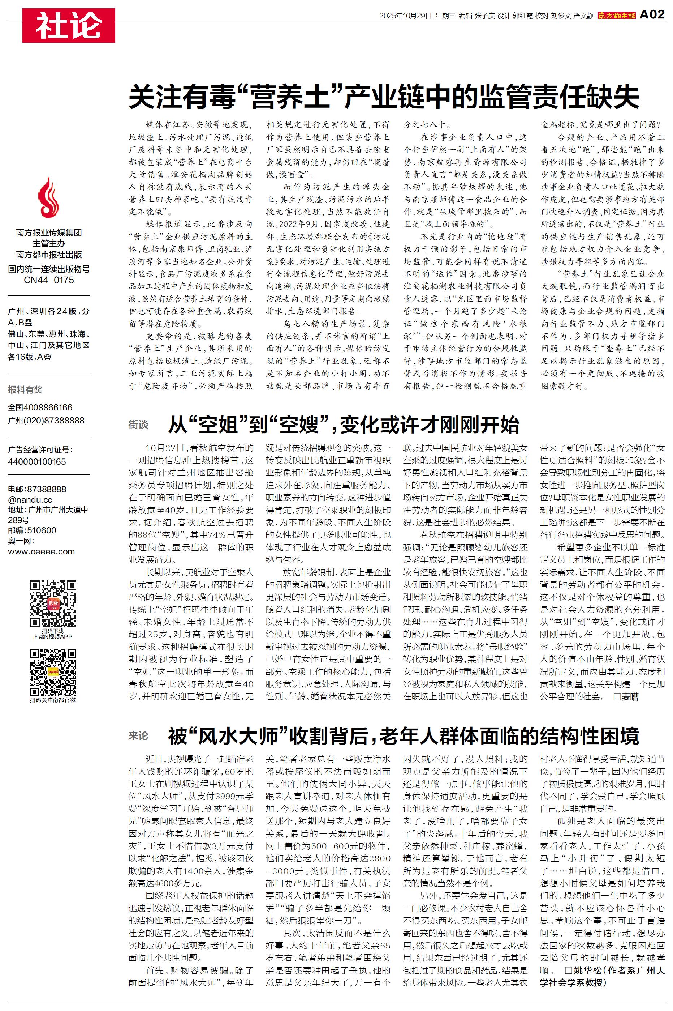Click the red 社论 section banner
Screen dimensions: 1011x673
coord(69,25)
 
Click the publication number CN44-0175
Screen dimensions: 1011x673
coord(48,280)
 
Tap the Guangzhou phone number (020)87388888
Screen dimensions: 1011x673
coord(55,421)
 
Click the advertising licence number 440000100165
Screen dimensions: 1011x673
coord(37,462)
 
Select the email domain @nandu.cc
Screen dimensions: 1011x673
coord(30,499)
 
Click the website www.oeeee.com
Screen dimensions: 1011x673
coord(41,551)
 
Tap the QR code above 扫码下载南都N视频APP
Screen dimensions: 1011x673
coord(53,603)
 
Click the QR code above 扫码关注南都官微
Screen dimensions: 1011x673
coord(53,673)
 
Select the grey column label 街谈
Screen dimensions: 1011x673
coord(138,425)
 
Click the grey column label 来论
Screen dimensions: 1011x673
coord(138,736)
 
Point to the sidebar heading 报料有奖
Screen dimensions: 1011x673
coord(25,389)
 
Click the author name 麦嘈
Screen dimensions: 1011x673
coord(630,696)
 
